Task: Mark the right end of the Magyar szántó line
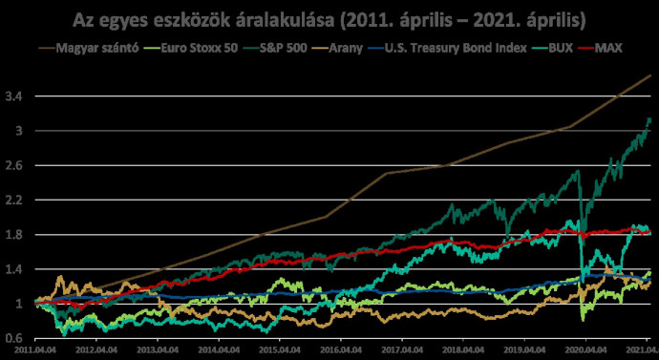651,75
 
